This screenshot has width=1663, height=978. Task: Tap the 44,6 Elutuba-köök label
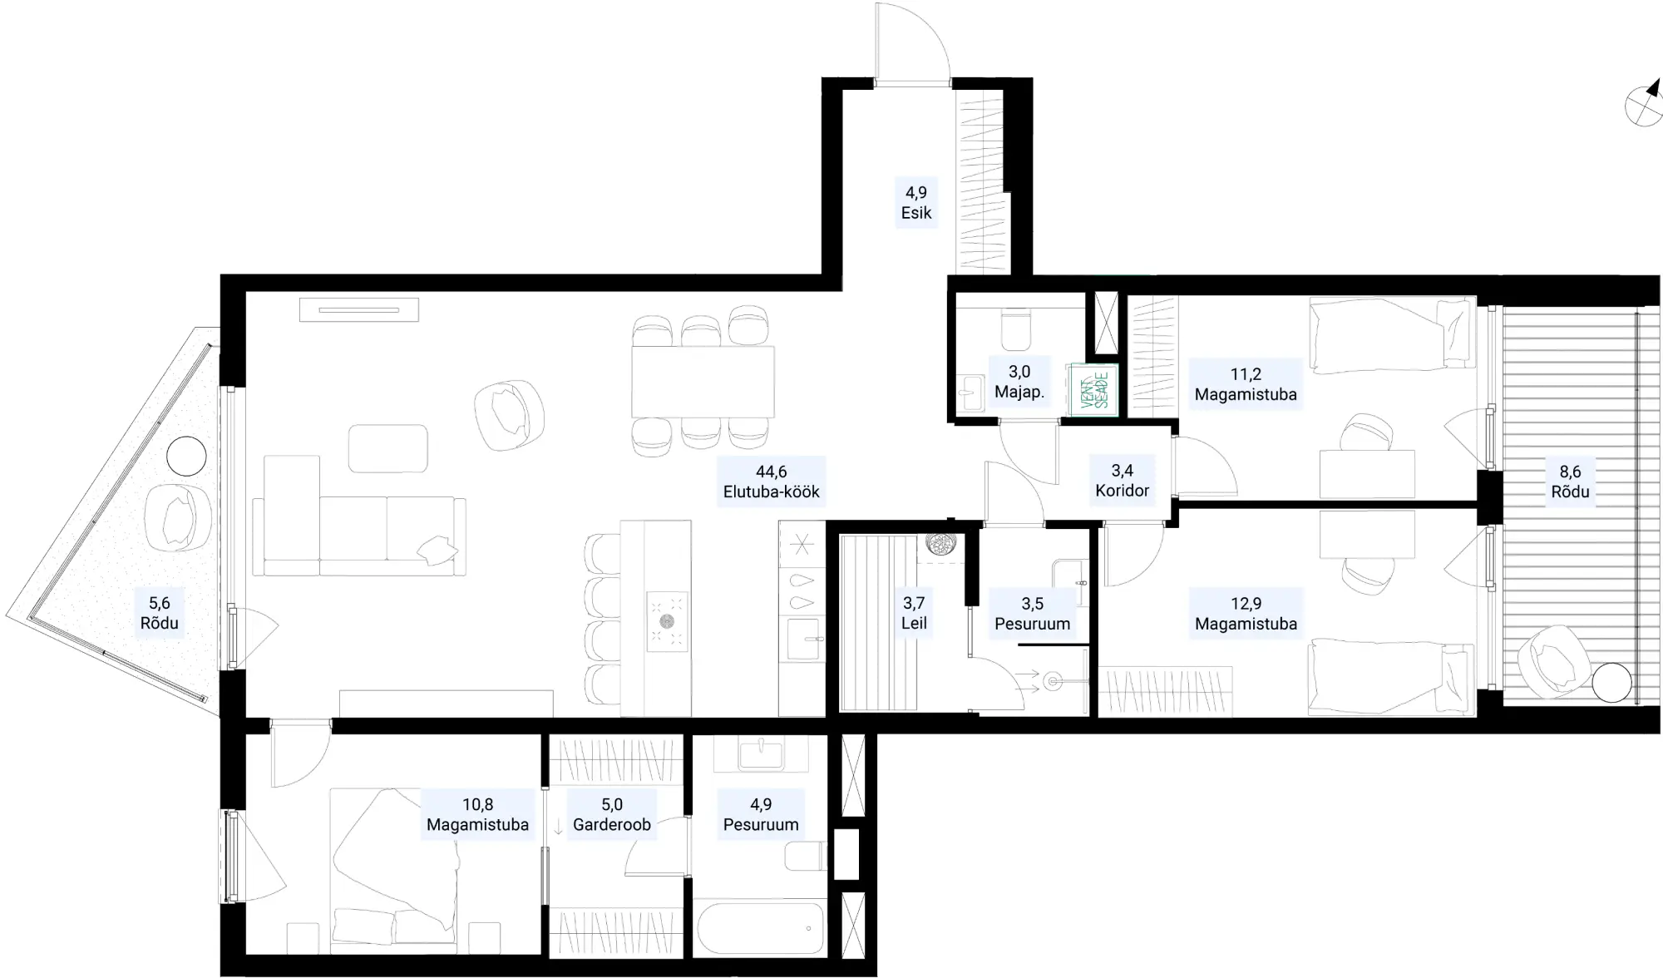coord(772,482)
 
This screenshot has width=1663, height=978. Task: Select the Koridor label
coord(1122,491)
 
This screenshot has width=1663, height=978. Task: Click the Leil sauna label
coord(914,623)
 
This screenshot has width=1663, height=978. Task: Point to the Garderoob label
coord(612,825)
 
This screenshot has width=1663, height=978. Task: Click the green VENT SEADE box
coord(1093,389)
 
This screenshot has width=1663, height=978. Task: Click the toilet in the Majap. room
coord(1016,330)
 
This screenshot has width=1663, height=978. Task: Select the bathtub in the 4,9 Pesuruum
coord(760,927)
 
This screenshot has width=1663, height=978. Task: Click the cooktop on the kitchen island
coord(667,620)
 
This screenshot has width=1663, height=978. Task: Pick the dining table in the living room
coord(703,382)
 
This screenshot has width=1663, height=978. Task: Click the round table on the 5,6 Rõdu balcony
coord(185,457)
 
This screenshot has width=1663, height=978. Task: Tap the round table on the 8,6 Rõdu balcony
coord(1612,684)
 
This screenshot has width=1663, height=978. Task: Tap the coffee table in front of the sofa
coord(388,448)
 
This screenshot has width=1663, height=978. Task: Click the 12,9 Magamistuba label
coord(1246,614)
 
